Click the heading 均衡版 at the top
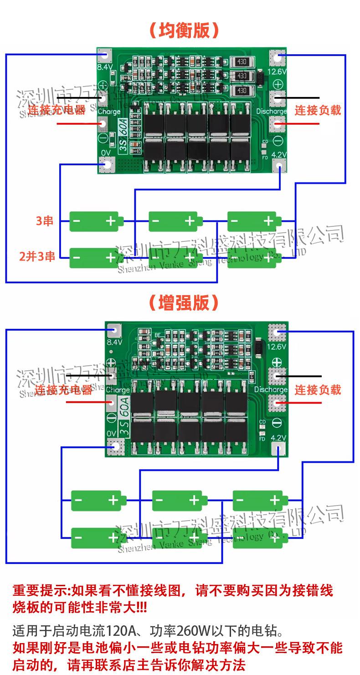point(184,31)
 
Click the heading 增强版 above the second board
point(184,302)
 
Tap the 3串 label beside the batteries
point(45,221)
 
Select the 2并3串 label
point(37,256)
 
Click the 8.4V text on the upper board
point(105,67)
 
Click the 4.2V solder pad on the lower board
point(278,450)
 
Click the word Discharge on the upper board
point(271,111)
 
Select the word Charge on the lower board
point(118,390)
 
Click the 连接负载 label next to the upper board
point(318,110)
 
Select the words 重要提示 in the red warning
point(39,591)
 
